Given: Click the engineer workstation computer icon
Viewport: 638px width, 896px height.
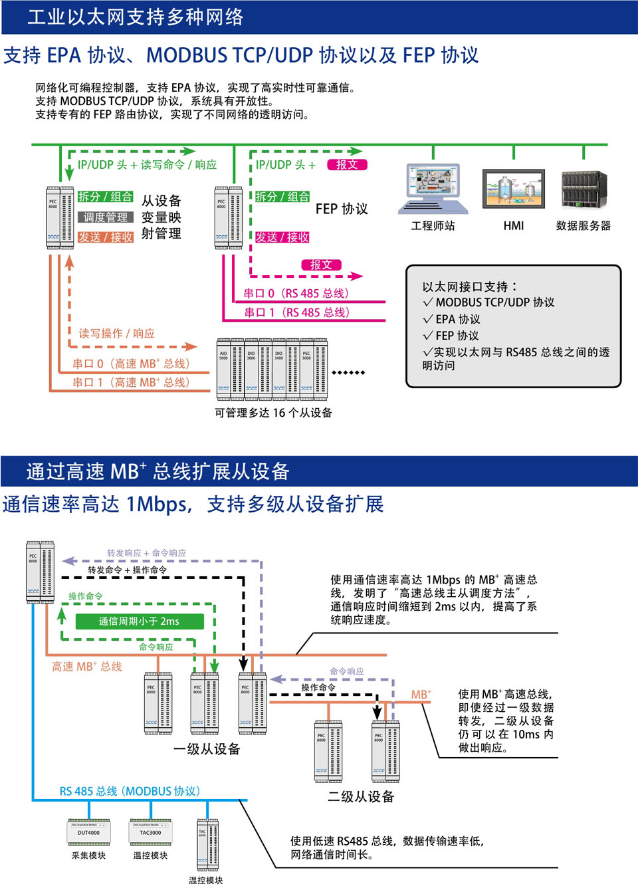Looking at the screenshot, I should [433, 189].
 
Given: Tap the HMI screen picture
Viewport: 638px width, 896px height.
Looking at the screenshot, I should [514, 189].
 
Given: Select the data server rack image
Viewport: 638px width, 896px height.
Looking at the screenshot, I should [584, 190].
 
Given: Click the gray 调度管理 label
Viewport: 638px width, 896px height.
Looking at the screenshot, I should [106, 217].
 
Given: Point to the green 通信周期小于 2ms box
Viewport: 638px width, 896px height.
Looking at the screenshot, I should [139, 621].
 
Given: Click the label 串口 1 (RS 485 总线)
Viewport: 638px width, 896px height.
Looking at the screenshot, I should [296, 312].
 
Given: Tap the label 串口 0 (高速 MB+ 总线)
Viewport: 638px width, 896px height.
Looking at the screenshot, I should [131, 364].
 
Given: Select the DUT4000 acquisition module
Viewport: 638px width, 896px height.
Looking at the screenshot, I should [89, 832].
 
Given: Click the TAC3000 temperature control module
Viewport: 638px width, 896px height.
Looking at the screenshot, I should [150, 832].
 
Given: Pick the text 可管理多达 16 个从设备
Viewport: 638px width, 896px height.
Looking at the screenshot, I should [273, 413].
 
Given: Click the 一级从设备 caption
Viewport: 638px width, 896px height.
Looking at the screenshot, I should [207, 749].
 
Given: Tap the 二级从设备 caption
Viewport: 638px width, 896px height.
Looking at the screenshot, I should [361, 796].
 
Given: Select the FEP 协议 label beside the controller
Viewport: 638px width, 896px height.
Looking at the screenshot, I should [342, 209].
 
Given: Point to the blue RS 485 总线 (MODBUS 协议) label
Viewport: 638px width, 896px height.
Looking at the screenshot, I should [130, 791].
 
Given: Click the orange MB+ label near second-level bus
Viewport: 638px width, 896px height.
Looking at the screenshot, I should [421, 695].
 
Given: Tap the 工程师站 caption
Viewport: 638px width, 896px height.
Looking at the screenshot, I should [433, 226].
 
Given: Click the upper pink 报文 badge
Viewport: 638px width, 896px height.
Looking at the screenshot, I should [347, 165].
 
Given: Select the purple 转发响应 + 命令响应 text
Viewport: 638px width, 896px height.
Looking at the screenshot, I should [146, 553].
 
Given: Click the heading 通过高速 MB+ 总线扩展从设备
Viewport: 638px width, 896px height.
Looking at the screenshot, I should [158, 471].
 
